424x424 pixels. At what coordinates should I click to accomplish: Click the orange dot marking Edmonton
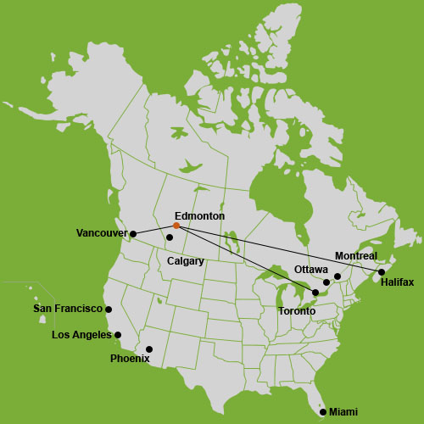point(176,226)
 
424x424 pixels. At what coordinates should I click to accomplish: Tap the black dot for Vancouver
point(133,233)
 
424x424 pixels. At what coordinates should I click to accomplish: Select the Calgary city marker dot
point(170,237)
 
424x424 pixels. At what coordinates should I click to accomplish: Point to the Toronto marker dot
point(315,293)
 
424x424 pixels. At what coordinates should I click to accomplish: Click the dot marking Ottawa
point(326,282)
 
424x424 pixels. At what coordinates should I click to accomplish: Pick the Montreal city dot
point(338,276)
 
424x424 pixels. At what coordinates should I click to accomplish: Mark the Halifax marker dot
point(382,272)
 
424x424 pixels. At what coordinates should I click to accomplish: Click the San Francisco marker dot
point(109,310)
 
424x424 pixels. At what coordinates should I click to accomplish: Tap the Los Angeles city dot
point(118,335)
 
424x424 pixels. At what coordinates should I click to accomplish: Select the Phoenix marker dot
point(149,349)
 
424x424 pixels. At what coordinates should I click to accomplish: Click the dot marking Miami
point(322,412)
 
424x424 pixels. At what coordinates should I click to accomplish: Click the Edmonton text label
point(199,216)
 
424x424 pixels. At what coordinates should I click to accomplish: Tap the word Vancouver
point(101,233)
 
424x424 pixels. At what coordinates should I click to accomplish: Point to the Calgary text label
point(186,261)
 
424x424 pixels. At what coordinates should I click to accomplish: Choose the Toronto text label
point(297,311)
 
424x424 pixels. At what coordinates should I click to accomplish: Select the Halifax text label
point(397,282)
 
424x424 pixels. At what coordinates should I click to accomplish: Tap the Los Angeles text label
point(81,335)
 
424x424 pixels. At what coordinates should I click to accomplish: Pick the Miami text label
point(343,412)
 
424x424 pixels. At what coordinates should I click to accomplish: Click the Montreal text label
point(356,255)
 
